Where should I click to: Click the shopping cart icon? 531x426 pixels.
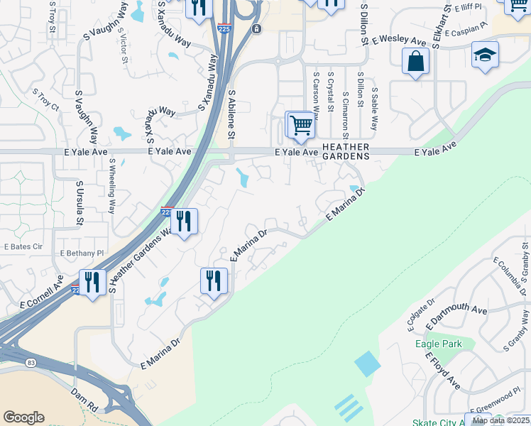click(x=301, y=126)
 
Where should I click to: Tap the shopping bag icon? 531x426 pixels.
click(x=415, y=61)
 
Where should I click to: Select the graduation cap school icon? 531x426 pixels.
click(x=485, y=55)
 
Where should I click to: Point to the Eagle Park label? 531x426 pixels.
click(x=439, y=344)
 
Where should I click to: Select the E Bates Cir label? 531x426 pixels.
click(x=23, y=246)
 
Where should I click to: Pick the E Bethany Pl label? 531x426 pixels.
click(x=82, y=253)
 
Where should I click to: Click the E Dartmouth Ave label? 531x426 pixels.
click(x=456, y=319)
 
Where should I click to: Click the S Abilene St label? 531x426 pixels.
click(x=231, y=116)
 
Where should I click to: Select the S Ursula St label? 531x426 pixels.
click(x=79, y=203)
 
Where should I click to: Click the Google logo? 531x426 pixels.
click(x=23, y=417)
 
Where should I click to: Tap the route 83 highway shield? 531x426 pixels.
click(x=31, y=363)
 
